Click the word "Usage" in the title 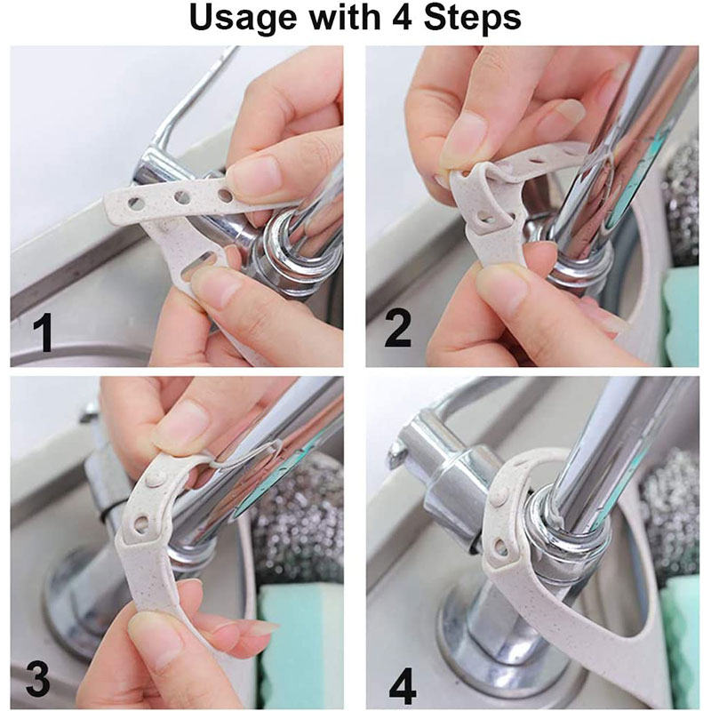(244, 19)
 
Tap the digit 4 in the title (396, 17)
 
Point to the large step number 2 (397, 329)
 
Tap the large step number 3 (36, 680)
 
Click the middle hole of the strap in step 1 (182, 196)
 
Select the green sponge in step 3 (300, 643)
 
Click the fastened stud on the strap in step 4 (500, 496)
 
